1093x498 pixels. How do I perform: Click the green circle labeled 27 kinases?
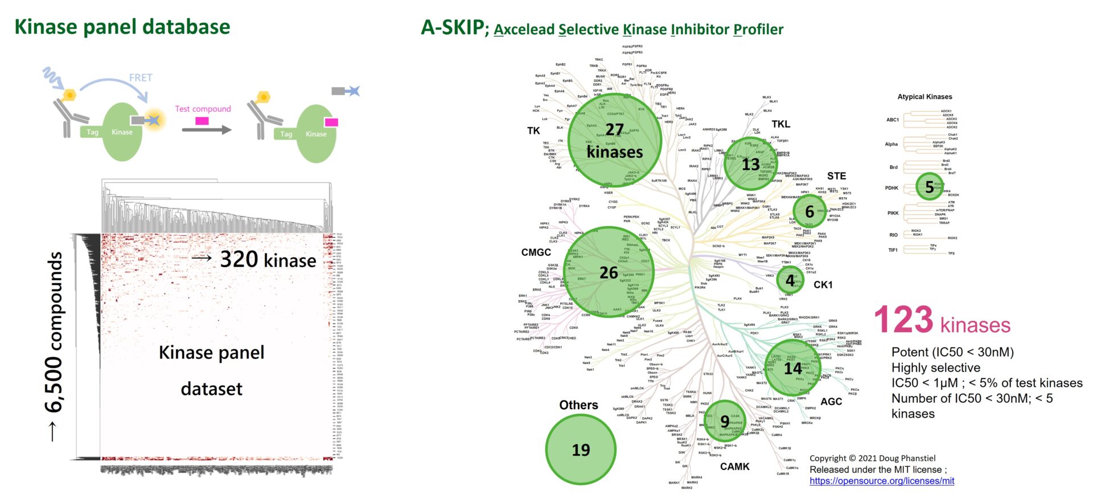click(x=615, y=140)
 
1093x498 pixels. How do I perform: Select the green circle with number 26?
click(x=609, y=272)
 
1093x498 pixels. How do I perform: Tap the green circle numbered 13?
click(x=750, y=164)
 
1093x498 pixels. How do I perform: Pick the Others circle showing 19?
click(x=581, y=450)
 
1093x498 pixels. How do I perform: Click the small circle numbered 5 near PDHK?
click(x=930, y=187)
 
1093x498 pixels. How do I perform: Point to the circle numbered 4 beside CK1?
click(x=790, y=280)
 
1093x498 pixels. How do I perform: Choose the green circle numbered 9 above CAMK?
click(x=725, y=421)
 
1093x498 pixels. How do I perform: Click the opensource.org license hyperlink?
click(x=882, y=481)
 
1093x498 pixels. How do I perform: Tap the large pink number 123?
click(x=903, y=320)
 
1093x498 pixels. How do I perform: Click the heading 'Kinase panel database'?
click(x=122, y=27)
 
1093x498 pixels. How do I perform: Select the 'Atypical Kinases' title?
click(x=924, y=97)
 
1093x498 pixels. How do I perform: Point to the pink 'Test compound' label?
click(x=203, y=109)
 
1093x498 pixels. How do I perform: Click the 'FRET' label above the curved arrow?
click(x=141, y=77)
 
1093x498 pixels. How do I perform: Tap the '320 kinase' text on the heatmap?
click(x=268, y=260)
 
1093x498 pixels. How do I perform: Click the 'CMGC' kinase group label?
click(x=536, y=252)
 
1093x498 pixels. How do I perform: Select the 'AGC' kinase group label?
click(x=831, y=402)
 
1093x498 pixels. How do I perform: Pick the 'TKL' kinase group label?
click(x=780, y=124)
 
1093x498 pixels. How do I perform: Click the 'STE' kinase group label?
click(x=836, y=176)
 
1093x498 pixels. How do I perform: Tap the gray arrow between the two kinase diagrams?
click(x=207, y=130)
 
